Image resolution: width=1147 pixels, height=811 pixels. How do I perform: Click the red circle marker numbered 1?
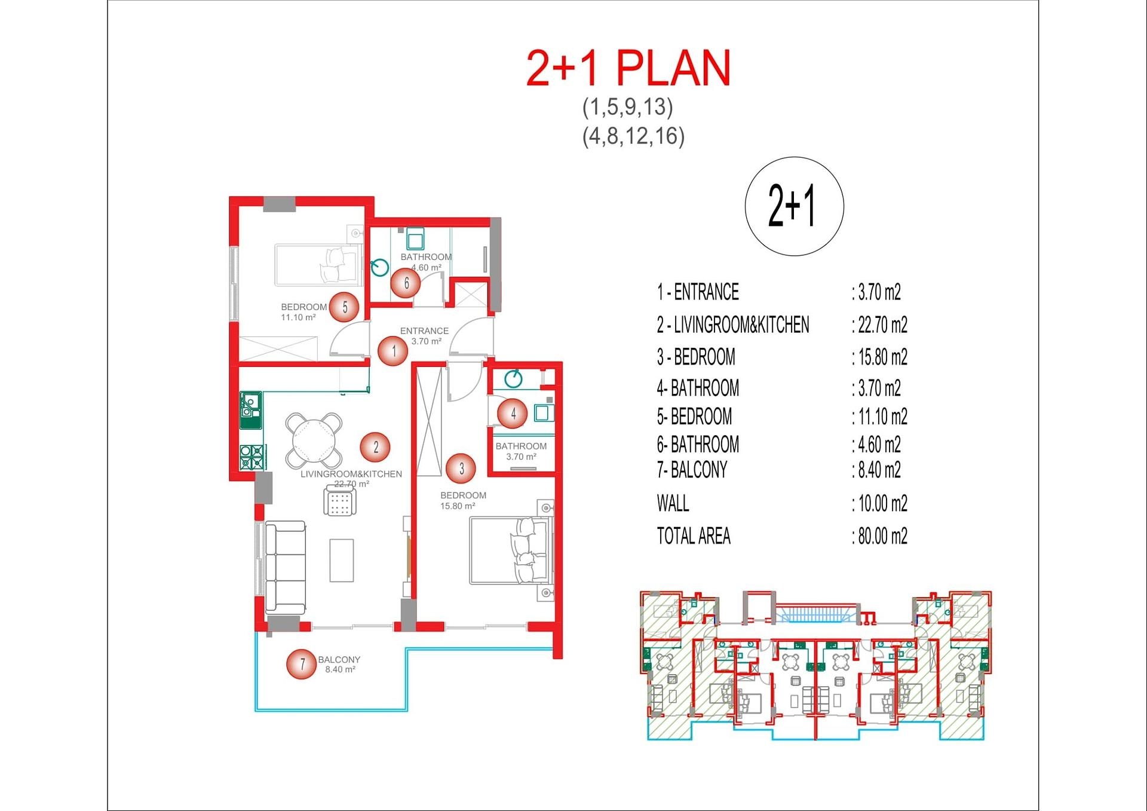tap(393, 351)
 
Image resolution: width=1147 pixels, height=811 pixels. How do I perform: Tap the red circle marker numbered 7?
tap(302, 664)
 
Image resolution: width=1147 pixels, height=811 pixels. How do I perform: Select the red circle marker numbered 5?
tap(345, 307)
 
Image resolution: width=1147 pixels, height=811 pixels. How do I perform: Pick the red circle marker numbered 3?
tap(461, 469)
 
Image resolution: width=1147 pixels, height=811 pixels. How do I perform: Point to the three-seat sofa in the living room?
tap(286, 568)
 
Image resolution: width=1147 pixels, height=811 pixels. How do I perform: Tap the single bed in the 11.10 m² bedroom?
tap(318, 265)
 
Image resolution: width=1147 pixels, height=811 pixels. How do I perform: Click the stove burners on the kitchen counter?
tap(252, 458)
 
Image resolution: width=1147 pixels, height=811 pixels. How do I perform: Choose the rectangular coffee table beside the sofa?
tap(342, 560)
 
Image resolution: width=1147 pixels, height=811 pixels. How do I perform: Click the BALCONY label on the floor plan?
tap(339, 659)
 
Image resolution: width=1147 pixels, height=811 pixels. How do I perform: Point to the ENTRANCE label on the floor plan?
tap(424, 330)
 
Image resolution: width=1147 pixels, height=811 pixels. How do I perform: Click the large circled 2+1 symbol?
tap(794, 206)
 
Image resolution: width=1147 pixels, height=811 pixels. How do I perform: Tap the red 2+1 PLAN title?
tap(628, 68)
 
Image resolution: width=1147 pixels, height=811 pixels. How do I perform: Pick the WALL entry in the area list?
tap(673, 503)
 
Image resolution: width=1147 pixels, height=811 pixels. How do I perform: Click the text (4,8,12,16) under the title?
tap(633, 136)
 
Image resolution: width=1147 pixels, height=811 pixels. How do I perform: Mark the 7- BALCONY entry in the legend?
tap(692, 470)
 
